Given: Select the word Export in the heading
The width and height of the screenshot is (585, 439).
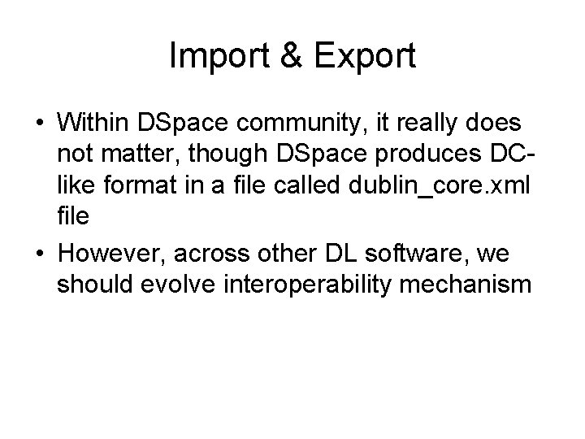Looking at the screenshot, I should click(364, 55).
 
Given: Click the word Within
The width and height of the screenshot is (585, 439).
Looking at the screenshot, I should click(94, 124).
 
